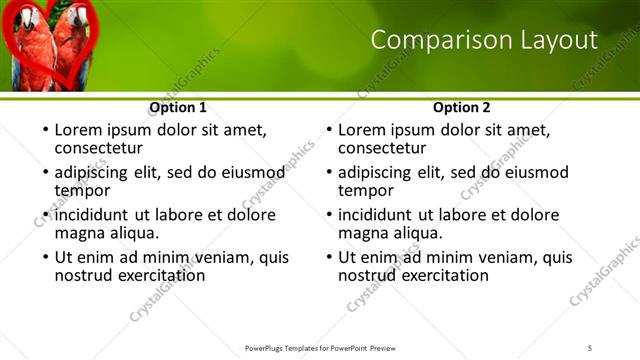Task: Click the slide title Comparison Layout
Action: pos(484,40)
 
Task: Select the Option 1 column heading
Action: pos(178,107)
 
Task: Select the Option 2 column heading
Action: pos(461,107)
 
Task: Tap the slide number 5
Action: pos(591,348)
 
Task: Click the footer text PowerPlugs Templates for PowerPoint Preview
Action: pos(320,348)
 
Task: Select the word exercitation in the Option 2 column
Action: pos(441,275)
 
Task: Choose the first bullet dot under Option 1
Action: pos(43,131)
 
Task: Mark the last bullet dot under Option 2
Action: pos(327,258)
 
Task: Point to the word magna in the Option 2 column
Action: pos(362,233)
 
